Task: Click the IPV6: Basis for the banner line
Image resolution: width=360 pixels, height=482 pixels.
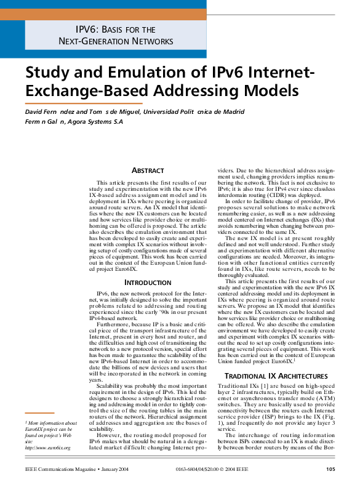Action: coord(115,29)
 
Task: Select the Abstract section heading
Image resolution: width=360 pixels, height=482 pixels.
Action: coord(148,170)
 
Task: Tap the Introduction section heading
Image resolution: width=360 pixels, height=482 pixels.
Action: coord(148,283)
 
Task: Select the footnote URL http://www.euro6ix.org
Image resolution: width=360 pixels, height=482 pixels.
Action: coord(47,447)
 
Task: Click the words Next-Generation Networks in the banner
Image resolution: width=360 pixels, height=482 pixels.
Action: coord(116,41)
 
